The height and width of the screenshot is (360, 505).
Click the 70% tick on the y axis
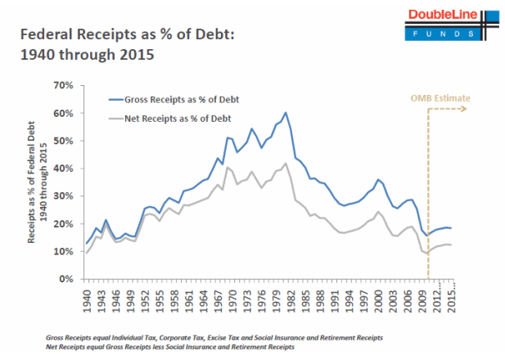coord(62,85)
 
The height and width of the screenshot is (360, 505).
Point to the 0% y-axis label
coord(65,279)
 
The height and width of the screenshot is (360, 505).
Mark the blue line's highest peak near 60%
coord(286,113)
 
